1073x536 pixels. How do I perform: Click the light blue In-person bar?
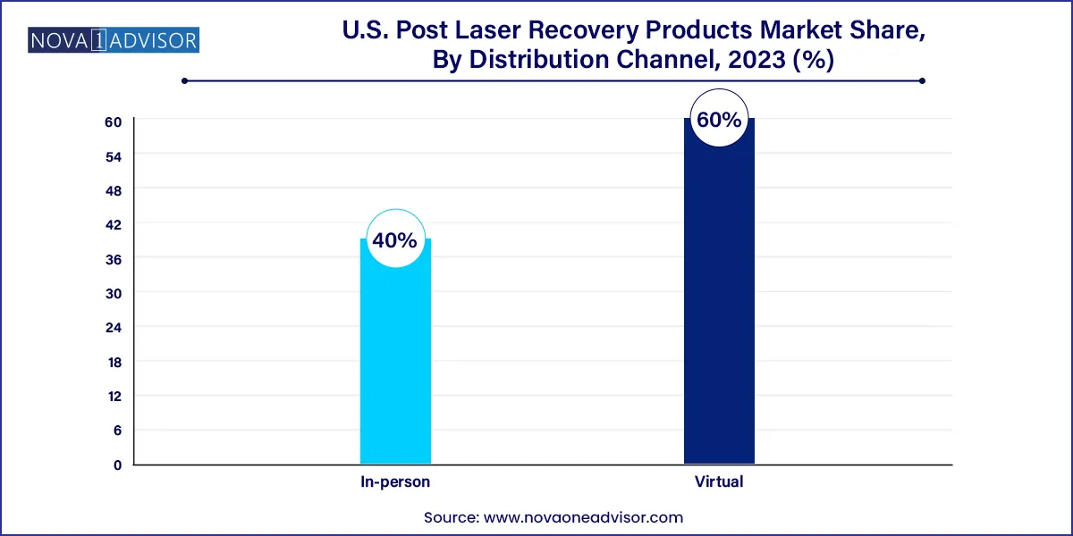pos(395,357)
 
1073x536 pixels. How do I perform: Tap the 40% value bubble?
pos(395,240)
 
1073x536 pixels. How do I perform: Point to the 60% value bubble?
pos(719,120)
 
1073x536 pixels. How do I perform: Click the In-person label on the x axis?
pos(395,482)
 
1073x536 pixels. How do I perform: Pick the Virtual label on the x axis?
pos(719,482)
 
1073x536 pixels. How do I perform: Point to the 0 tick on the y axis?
pos(116,465)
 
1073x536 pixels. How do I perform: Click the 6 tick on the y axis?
pos(116,431)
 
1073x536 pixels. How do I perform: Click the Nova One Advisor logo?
pos(114,40)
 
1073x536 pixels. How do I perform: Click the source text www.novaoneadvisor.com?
pos(583,517)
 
